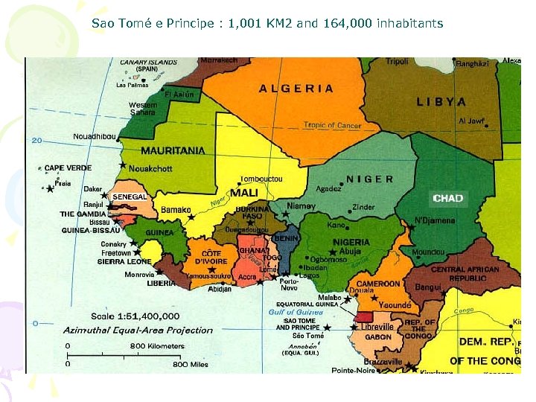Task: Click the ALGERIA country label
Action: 296,88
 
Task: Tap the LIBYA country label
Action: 441,102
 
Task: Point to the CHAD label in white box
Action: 448,198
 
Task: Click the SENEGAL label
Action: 130,197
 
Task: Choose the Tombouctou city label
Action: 261,179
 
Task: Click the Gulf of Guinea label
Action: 296,312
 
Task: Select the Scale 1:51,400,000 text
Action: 135,316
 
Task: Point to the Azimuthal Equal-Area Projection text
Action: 138,330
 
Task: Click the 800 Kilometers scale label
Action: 157,346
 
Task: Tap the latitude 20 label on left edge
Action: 36,140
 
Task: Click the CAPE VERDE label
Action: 68,168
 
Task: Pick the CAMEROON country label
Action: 378,284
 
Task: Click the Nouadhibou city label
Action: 95,136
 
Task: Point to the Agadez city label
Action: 328,189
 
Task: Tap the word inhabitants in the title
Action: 410,24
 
